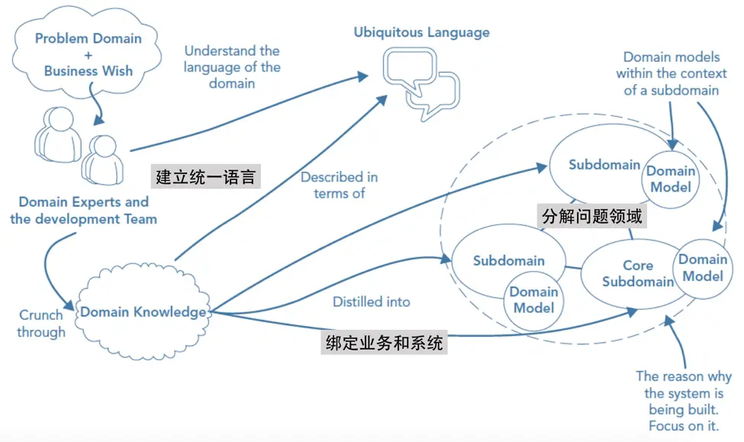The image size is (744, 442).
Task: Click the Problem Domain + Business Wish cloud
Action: (88, 54)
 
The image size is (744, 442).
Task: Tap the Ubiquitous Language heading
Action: (422, 33)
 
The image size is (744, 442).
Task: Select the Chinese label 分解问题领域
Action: (592, 216)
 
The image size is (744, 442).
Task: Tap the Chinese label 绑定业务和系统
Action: (383, 344)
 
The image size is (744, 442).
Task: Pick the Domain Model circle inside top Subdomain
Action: (672, 179)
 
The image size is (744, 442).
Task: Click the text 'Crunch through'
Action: (41, 324)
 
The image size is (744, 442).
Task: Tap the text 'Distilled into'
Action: (371, 302)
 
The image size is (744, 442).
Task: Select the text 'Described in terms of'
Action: (340, 186)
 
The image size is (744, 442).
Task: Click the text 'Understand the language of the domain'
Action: (232, 67)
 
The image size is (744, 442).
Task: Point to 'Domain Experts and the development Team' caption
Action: (84, 211)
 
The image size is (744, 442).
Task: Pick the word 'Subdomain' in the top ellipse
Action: (604, 165)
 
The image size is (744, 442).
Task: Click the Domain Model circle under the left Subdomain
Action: (534, 300)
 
